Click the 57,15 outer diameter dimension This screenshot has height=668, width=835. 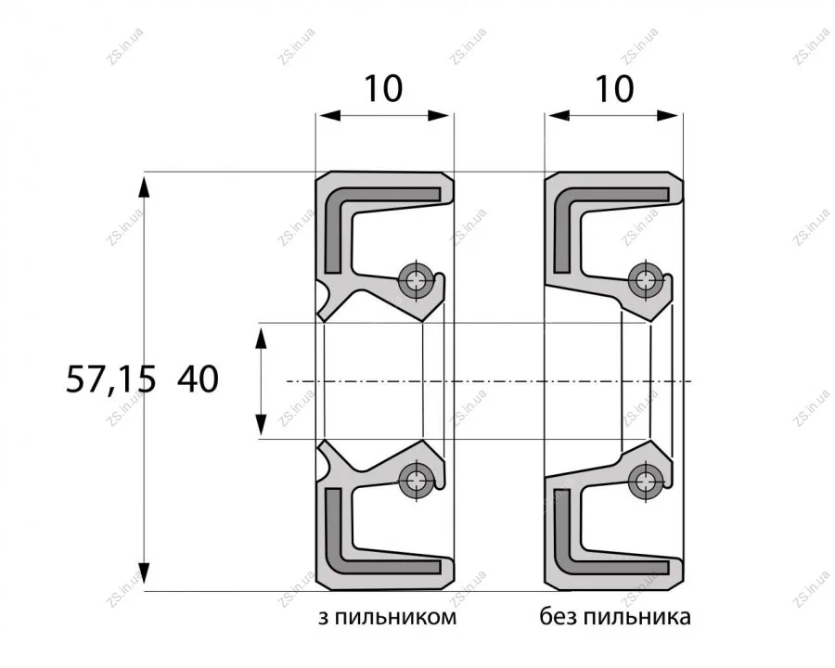click(x=110, y=380)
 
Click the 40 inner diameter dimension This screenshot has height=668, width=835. click(x=198, y=379)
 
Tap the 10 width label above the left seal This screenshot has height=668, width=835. click(x=383, y=88)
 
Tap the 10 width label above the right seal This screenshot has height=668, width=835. click(x=614, y=88)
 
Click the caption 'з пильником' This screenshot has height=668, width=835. click(x=387, y=617)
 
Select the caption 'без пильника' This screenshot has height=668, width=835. click(x=615, y=617)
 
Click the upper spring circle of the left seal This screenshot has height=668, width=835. click(x=416, y=278)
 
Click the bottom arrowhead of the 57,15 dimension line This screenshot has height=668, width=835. click(x=145, y=573)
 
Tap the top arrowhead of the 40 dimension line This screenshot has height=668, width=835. click(x=261, y=339)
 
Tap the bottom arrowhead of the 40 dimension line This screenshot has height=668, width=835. click(x=261, y=424)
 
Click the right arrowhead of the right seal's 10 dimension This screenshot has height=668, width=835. click(x=670, y=115)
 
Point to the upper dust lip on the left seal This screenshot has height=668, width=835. click(x=326, y=302)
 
